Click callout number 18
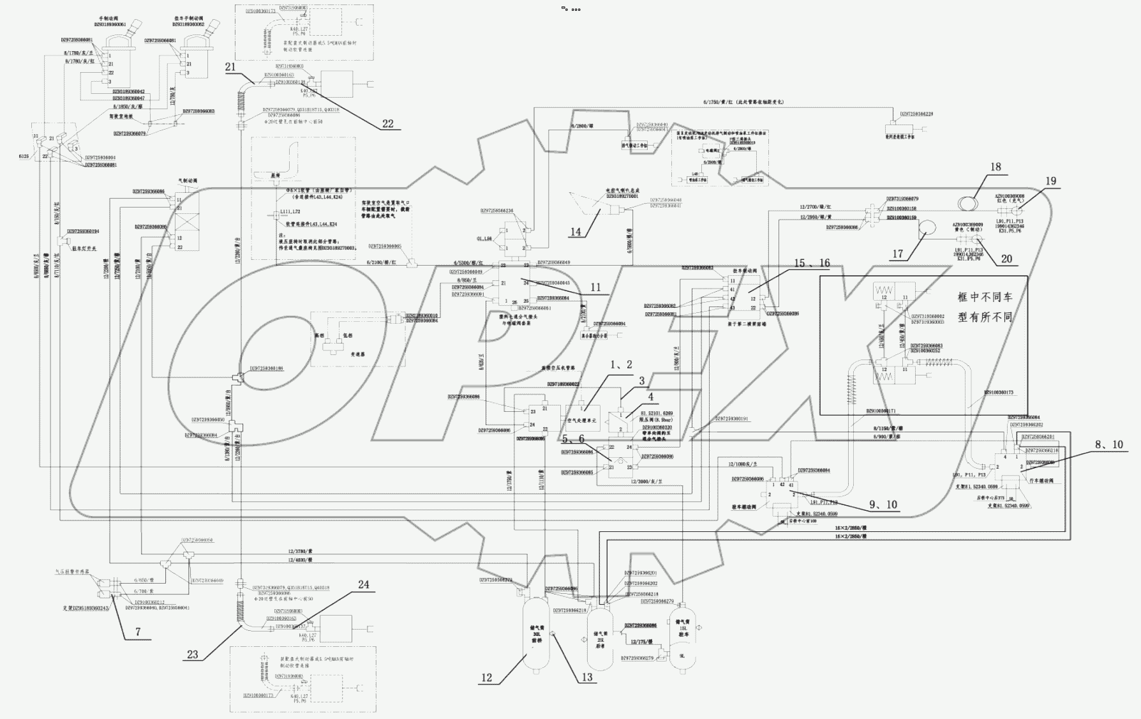pos(996,167)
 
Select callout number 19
pos(1051,181)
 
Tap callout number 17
pos(898,254)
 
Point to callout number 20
pos(1006,259)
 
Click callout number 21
pos(230,67)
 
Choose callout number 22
pos(387,124)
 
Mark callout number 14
pos(576,232)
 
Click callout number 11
pos(595,288)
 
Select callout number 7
pos(138,632)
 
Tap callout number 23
pos(193,655)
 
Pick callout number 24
pos(363,585)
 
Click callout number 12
pos(487,677)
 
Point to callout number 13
pos(586,677)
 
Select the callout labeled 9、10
pos(883,504)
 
